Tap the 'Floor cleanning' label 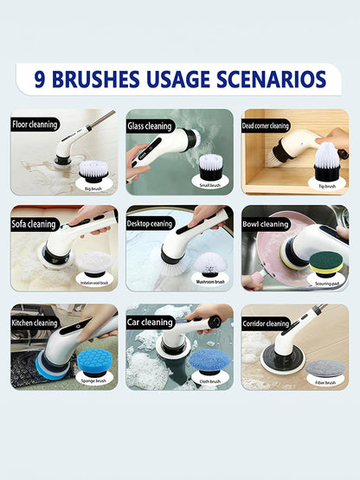(x=35, y=125)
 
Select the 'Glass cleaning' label (x=150, y=125)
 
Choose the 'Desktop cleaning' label (x=151, y=223)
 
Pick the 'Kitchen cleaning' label (x=35, y=323)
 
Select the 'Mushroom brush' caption (x=208, y=282)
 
